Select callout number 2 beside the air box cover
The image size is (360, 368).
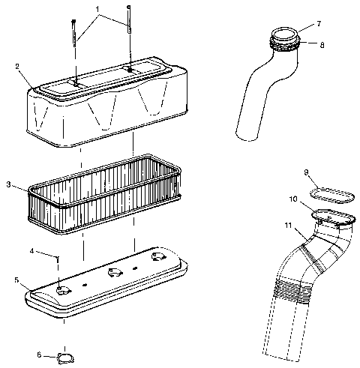pyautogui.click(x=16, y=65)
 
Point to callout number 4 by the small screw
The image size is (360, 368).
pyautogui.click(x=31, y=250)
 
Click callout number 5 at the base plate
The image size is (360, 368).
pyautogui.click(x=16, y=280)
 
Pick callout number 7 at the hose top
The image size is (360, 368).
pyautogui.click(x=318, y=24)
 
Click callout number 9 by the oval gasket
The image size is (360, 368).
pyautogui.click(x=307, y=172)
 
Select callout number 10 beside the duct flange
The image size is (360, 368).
pyautogui.click(x=294, y=199)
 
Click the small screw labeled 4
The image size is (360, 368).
pyautogui.click(x=58, y=259)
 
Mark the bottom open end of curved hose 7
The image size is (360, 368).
pyautogui.click(x=247, y=136)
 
